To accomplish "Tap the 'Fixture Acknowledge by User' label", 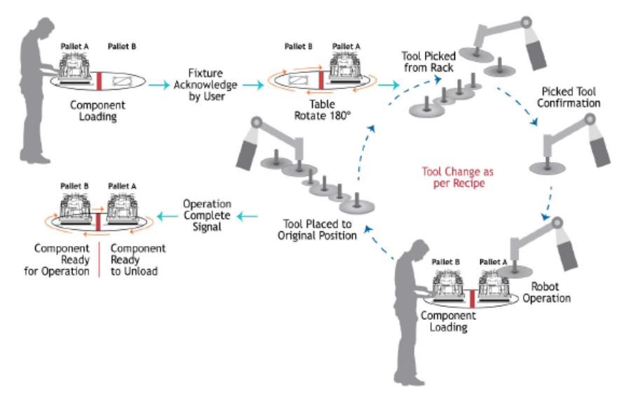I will pos(212,84).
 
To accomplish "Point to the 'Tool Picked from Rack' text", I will pos(428,60).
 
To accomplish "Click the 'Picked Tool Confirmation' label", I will pos(571,98).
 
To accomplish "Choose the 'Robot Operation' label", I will pos(550,292).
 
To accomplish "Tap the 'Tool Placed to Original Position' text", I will pos(321,229).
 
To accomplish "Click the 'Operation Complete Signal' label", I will pos(207,216).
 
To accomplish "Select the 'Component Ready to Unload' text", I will pos(138,259).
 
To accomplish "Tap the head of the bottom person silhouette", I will pos(419,249).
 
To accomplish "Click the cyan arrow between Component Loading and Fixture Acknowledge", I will pos(159,84).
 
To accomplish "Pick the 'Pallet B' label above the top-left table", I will pos(122,47).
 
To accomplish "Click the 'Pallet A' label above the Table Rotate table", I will pos(346,47).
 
